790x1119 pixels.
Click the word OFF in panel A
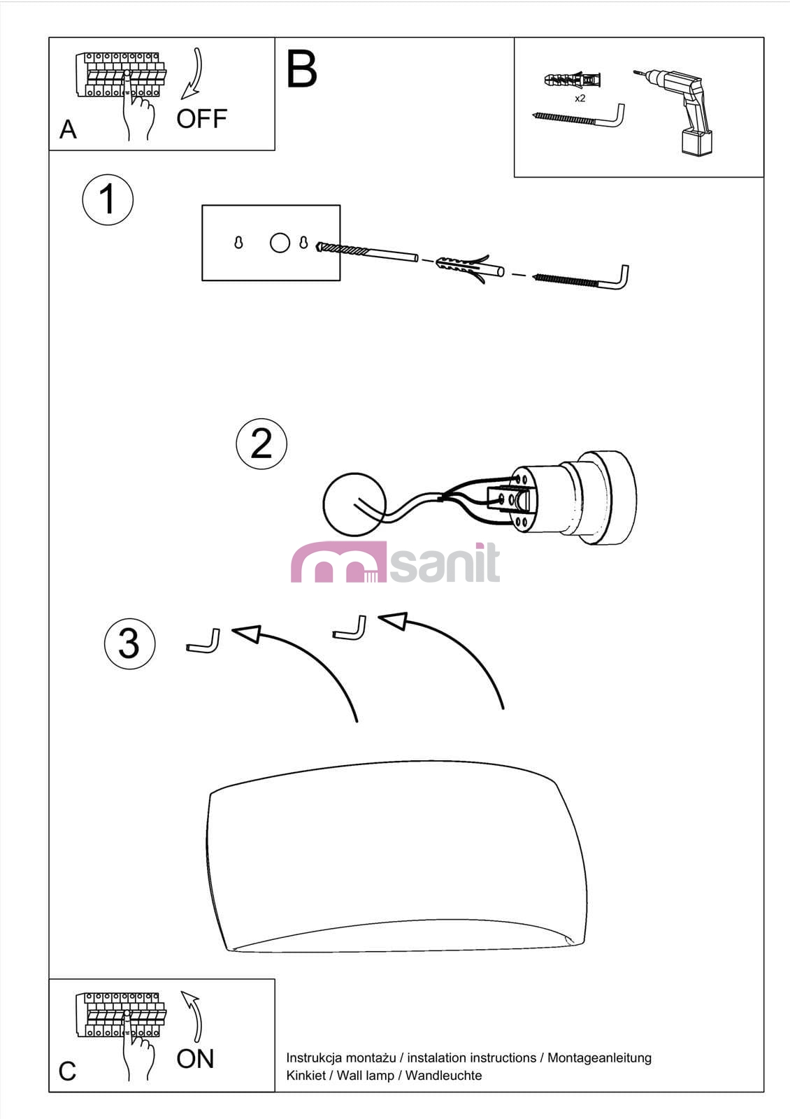[202, 119]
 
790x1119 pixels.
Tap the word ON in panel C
[195, 1059]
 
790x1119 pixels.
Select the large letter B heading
[301, 69]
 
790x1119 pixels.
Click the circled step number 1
[108, 199]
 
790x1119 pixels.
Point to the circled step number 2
[261, 443]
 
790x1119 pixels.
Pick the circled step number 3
[130, 644]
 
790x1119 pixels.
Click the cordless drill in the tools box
[678, 111]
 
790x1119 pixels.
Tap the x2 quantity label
[580, 99]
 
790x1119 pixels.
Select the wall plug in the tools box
[573, 80]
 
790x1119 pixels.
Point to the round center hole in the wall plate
[280, 243]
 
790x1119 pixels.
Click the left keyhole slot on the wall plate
[238, 243]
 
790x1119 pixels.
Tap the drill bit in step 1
[367, 252]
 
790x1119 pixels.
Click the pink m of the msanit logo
[338, 562]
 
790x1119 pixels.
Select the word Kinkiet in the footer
[306, 1075]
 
